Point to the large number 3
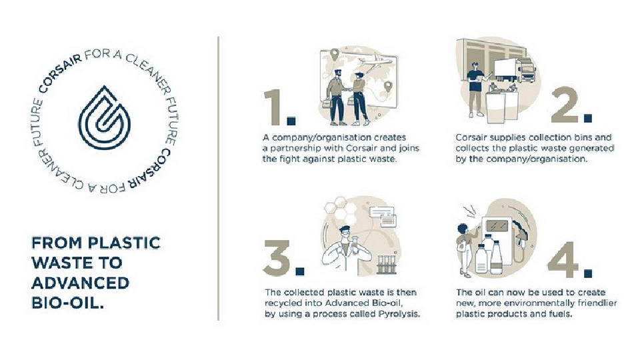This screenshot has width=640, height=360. point(277,258)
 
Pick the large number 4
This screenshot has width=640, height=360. point(563,259)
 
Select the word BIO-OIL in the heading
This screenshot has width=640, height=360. point(68,303)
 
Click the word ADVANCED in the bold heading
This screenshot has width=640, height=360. point(81,283)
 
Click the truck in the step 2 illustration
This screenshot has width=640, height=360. point(514,70)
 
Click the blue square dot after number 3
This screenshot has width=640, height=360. point(299,271)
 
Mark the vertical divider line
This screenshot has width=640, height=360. point(219,179)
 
